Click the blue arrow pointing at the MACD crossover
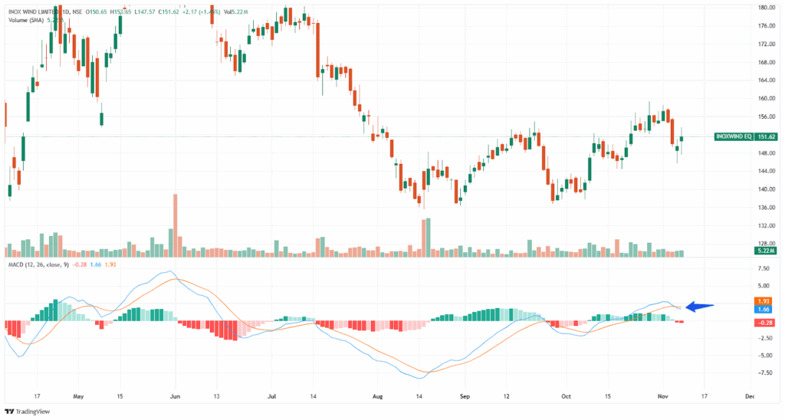point(700,307)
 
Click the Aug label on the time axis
point(376,397)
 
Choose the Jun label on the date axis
point(174,397)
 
